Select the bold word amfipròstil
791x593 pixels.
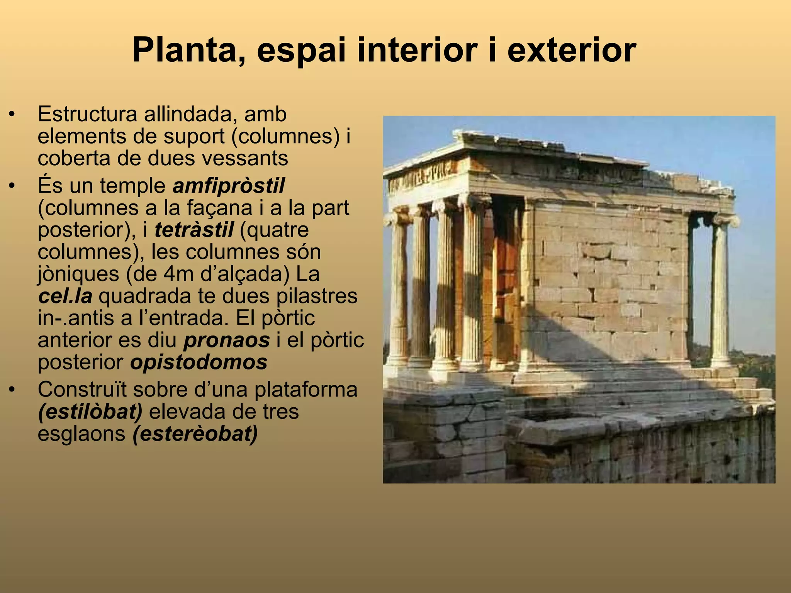click(229, 186)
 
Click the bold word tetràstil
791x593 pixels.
click(194, 230)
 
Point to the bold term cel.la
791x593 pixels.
click(65, 296)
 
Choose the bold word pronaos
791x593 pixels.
click(226, 341)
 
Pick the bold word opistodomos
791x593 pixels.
click(199, 363)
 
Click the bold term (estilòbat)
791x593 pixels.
click(90, 412)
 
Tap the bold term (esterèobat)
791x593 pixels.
click(195, 434)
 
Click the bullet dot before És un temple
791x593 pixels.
click(13, 186)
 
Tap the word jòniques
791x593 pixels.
click(78, 274)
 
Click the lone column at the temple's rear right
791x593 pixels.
click(720, 293)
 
